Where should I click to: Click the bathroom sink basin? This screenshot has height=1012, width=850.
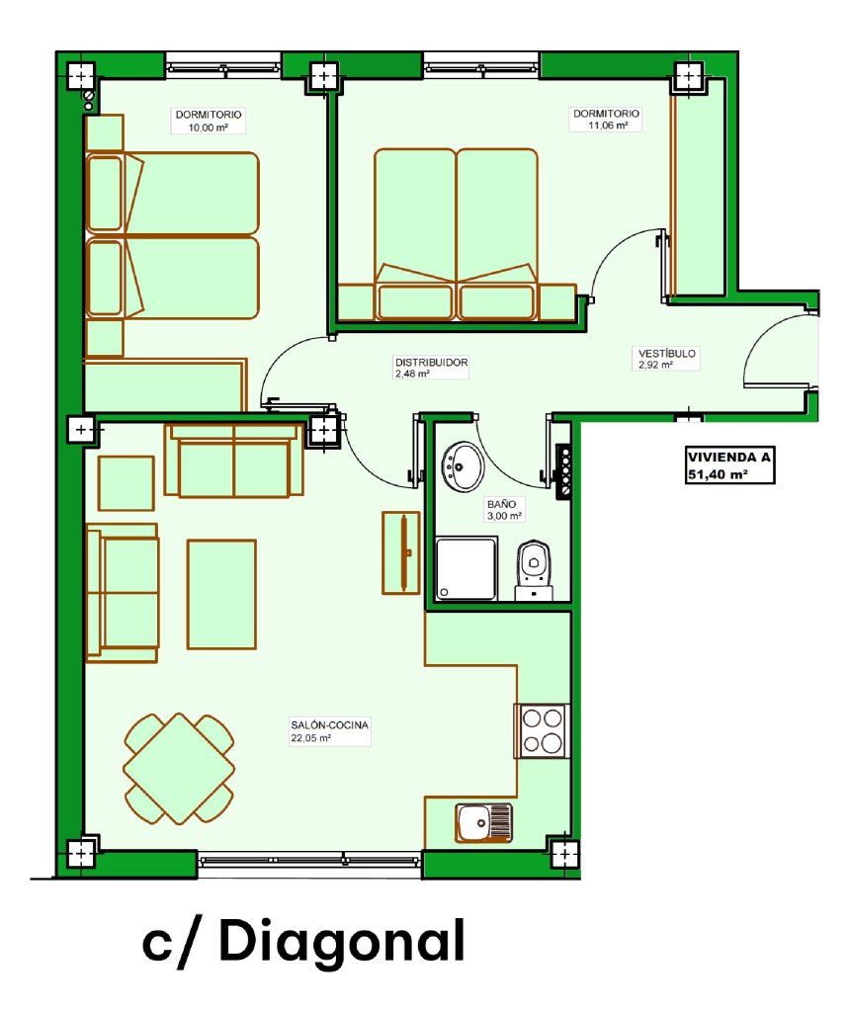click(463, 466)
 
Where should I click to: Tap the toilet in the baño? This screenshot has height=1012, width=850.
click(534, 569)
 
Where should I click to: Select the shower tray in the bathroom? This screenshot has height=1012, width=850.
click(466, 568)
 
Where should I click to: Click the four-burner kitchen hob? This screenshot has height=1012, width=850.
click(543, 730)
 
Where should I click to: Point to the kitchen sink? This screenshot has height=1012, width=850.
click(484, 823)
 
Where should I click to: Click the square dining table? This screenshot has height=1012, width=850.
click(179, 768)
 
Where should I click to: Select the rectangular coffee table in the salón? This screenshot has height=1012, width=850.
click(221, 594)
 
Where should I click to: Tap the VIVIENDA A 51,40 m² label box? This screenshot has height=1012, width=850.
click(729, 465)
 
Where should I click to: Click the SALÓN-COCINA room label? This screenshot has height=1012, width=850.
click(329, 731)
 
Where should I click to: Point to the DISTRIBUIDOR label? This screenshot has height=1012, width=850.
click(431, 368)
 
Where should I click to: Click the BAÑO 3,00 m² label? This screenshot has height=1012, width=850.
click(504, 510)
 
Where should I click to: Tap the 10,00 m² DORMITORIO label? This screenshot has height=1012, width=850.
click(209, 121)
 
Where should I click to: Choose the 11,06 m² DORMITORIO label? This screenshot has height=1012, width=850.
click(606, 120)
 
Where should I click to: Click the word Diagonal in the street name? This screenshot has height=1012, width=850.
click(341, 941)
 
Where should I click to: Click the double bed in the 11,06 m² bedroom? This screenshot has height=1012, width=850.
click(457, 234)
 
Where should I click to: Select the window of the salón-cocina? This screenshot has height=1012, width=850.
click(309, 860)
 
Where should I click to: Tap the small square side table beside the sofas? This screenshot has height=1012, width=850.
click(126, 483)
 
